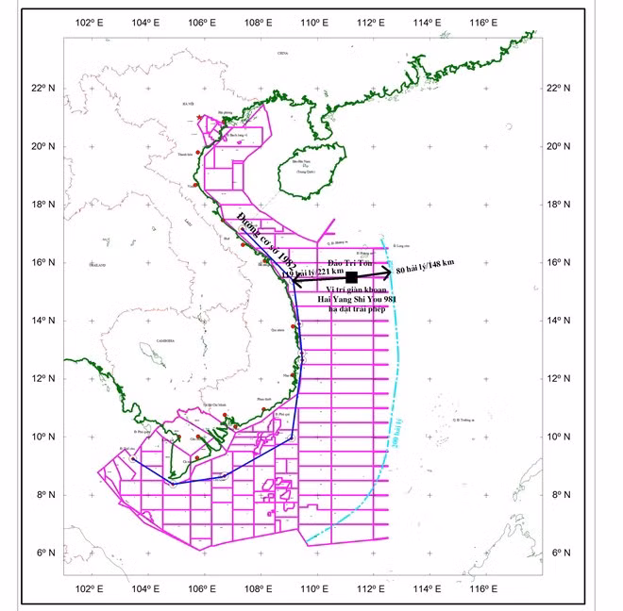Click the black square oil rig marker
click(x=352, y=277)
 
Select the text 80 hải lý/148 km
click(x=425, y=267)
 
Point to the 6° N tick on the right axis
click(x=558, y=553)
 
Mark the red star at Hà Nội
click(x=199, y=117)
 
